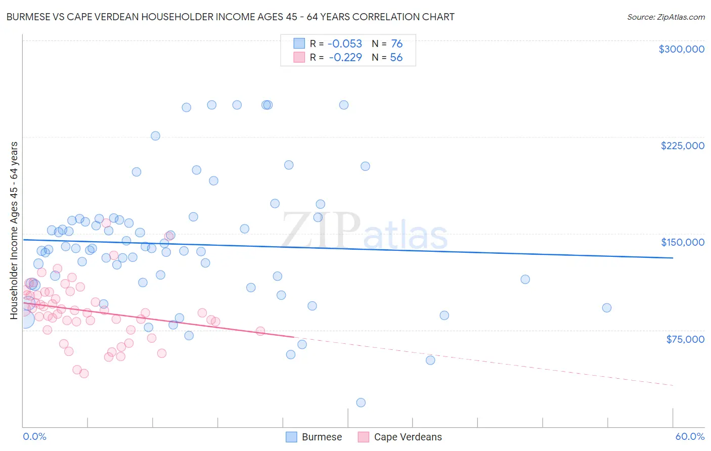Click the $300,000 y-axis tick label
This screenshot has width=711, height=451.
click(x=681, y=49)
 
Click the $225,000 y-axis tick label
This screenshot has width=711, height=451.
click(x=682, y=146)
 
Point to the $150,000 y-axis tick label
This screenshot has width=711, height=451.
click(x=682, y=242)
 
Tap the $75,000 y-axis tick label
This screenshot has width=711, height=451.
click(x=685, y=339)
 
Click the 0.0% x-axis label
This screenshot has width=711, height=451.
click(x=34, y=436)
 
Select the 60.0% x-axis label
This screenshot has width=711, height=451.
click(x=689, y=436)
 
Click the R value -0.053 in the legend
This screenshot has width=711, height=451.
click(x=345, y=44)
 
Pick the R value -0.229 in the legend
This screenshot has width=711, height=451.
click(x=345, y=58)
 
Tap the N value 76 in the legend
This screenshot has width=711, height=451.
click(x=396, y=44)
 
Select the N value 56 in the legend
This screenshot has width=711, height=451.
click(x=396, y=58)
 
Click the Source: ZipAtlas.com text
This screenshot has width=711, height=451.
click(x=665, y=17)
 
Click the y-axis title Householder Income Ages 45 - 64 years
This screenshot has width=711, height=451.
click(x=14, y=230)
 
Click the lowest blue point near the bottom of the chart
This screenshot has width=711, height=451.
click(x=361, y=402)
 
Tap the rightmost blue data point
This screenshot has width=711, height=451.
click(x=607, y=308)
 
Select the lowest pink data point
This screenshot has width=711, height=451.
click(x=84, y=374)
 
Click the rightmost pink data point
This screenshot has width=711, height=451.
click(x=260, y=331)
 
